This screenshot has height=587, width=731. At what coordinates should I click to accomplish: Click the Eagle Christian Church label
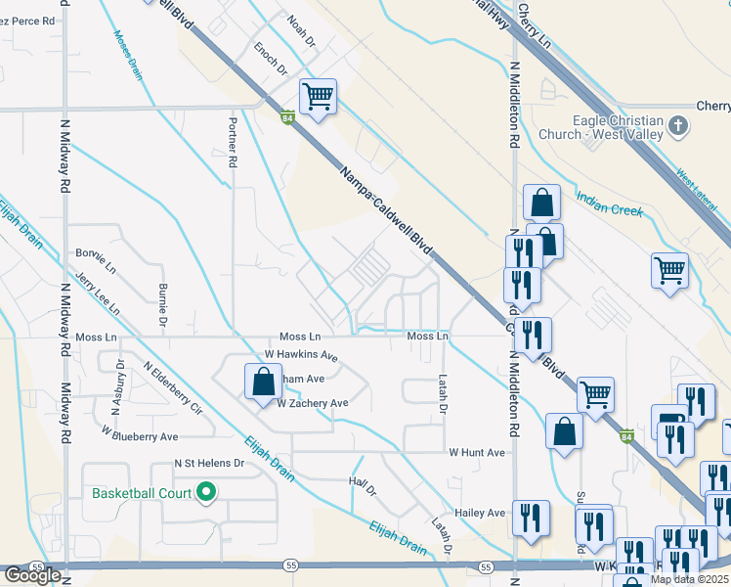603,127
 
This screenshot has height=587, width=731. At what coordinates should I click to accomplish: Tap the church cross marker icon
681,125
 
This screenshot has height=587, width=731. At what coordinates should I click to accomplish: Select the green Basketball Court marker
206,492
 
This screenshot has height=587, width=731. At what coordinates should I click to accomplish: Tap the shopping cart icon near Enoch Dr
318,98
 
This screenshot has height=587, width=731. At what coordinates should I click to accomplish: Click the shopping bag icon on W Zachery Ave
263,383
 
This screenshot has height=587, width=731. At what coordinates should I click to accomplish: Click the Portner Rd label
233,140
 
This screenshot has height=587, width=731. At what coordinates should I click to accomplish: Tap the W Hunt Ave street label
477,453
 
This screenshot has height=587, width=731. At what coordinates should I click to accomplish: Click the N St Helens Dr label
208,463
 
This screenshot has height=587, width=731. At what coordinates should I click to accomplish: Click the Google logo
32,575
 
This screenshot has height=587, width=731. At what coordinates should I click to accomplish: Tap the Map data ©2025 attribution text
690,579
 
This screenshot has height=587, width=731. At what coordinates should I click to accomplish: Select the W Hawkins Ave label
301,355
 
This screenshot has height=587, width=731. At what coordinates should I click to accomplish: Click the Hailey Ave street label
479,513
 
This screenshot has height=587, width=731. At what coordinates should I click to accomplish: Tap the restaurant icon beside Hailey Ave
531,518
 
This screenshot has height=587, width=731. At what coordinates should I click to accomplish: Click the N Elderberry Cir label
172,387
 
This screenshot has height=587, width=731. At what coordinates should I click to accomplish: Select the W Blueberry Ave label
145,436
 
